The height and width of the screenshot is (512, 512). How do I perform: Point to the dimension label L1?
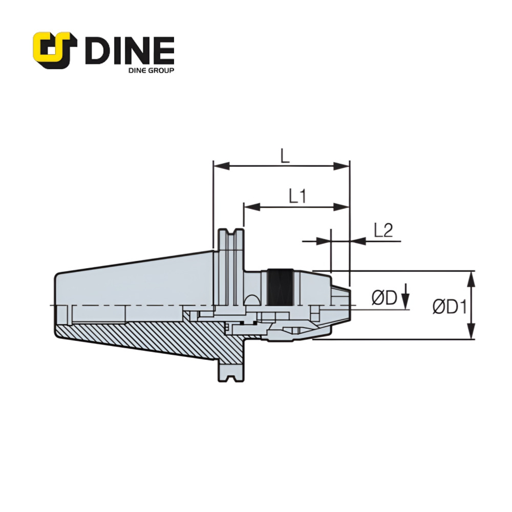click(297, 197)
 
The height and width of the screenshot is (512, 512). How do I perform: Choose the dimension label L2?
click(383, 230)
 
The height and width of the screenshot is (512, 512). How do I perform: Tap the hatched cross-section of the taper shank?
click(154, 338)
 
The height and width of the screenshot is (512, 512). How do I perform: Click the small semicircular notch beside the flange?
click(252, 300)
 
